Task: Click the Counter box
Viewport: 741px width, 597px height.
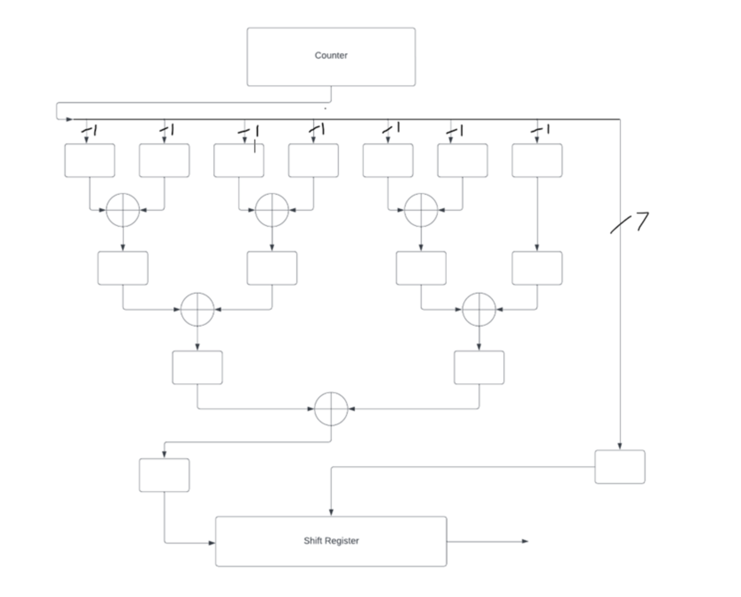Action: [331, 57]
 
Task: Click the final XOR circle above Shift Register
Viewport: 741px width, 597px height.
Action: [331, 409]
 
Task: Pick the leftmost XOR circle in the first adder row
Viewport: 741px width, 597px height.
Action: [123, 210]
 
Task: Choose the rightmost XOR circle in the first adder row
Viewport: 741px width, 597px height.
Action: [421, 210]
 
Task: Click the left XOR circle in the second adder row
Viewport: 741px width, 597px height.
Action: [197, 309]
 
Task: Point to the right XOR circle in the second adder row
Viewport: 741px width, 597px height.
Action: [479, 309]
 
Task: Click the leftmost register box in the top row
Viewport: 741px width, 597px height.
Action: [89, 160]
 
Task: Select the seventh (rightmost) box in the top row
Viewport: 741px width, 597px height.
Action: [537, 160]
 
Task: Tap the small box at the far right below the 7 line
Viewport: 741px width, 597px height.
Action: [620, 467]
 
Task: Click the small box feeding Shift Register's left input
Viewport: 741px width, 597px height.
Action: [164, 475]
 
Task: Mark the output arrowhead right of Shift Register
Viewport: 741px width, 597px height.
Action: [525, 541]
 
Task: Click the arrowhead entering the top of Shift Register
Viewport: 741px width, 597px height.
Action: [331, 512]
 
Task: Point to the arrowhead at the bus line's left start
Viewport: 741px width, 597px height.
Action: [69, 119]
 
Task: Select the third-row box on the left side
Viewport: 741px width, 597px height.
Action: [197, 367]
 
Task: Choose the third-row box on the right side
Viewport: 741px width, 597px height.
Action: [479, 367]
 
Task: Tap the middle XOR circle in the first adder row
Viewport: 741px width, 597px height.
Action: [272, 210]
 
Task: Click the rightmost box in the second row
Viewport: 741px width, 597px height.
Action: [537, 268]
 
